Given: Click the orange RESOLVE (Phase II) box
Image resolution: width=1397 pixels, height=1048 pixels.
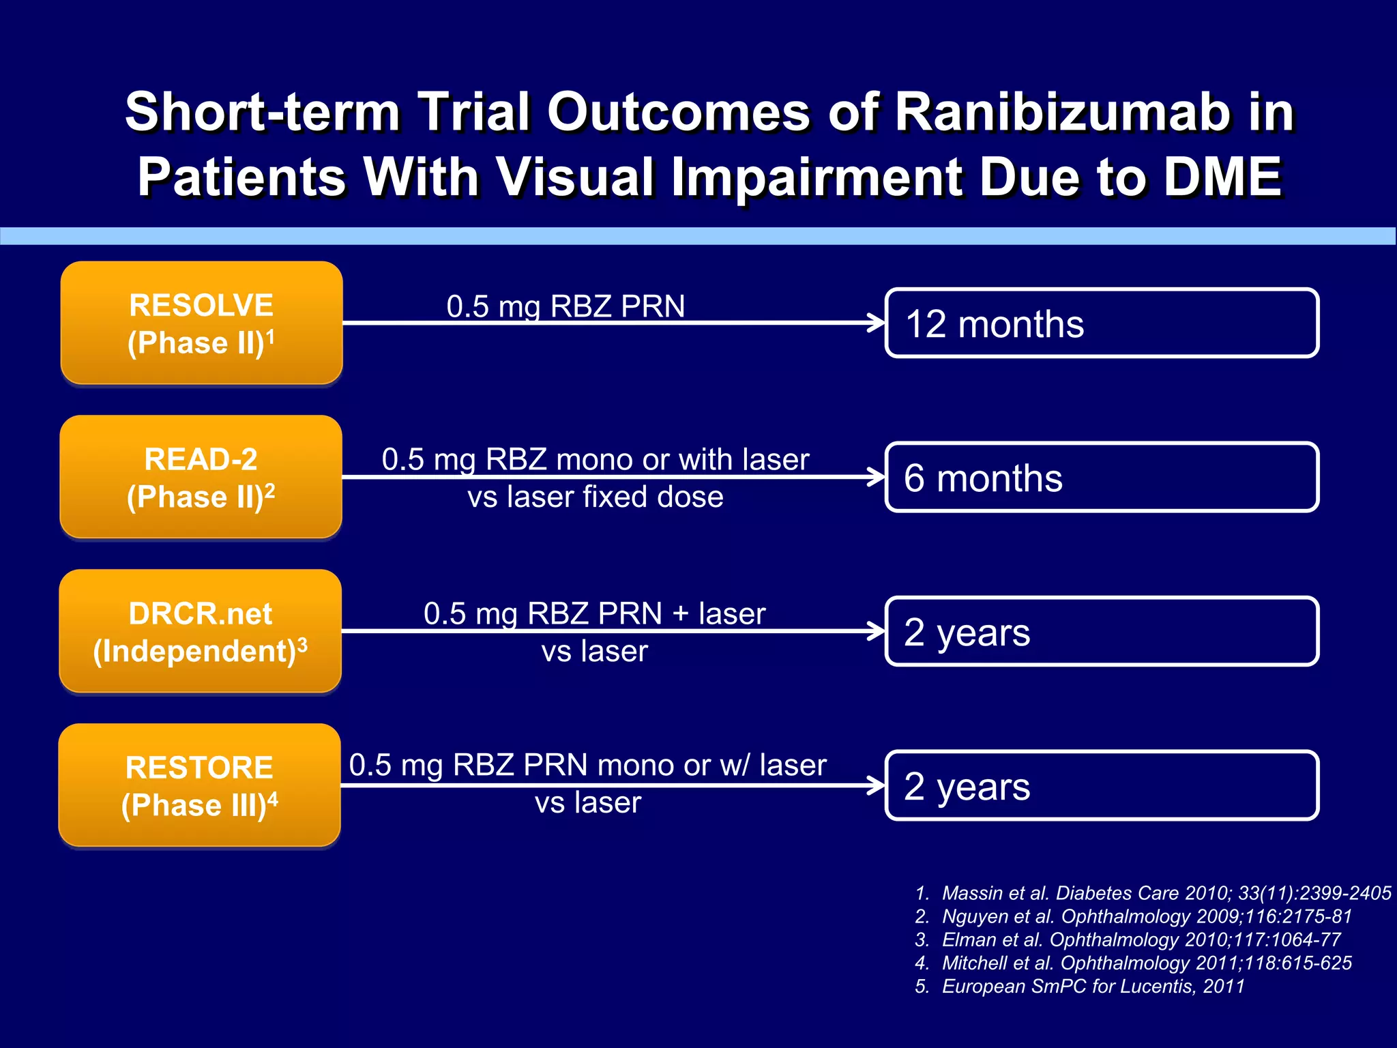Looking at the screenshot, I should [x=201, y=323].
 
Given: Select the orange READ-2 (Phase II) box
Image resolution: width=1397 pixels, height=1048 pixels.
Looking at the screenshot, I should [x=201, y=477].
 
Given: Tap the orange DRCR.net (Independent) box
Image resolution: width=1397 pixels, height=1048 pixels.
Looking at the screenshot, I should [x=200, y=631].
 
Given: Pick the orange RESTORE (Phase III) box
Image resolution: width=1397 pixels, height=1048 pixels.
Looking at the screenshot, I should [x=199, y=785].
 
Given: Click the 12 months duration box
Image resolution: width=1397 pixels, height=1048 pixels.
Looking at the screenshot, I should [x=1101, y=323].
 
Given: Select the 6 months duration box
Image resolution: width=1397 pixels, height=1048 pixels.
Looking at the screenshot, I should [x=1101, y=478].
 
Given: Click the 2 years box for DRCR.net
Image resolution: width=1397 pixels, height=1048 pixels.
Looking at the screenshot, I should [x=1101, y=632].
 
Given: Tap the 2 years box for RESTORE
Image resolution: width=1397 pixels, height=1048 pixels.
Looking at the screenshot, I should [x=1101, y=786].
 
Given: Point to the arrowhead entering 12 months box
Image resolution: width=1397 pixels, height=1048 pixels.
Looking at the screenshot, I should [x=876, y=323].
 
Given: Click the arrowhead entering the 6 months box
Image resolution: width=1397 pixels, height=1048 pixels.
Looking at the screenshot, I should [x=876, y=477].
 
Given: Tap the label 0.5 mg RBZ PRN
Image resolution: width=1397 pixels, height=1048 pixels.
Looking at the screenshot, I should [x=565, y=306].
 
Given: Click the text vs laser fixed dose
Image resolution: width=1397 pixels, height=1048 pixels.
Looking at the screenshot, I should [x=595, y=497].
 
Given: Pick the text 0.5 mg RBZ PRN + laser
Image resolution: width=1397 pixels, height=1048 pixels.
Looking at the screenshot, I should [x=594, y=613].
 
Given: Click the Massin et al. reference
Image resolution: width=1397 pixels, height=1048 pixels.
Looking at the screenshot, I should [x=1153, y=893].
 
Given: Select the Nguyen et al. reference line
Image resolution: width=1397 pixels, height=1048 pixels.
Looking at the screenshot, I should [x=1133, y=916].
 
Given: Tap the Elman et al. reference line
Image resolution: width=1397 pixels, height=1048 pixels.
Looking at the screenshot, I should [x=1128, y=940].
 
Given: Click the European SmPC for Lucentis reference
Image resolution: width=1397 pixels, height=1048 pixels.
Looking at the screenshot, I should [x=1080, y=986].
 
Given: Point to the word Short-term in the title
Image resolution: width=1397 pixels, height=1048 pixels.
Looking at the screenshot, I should [x=262, y=113].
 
